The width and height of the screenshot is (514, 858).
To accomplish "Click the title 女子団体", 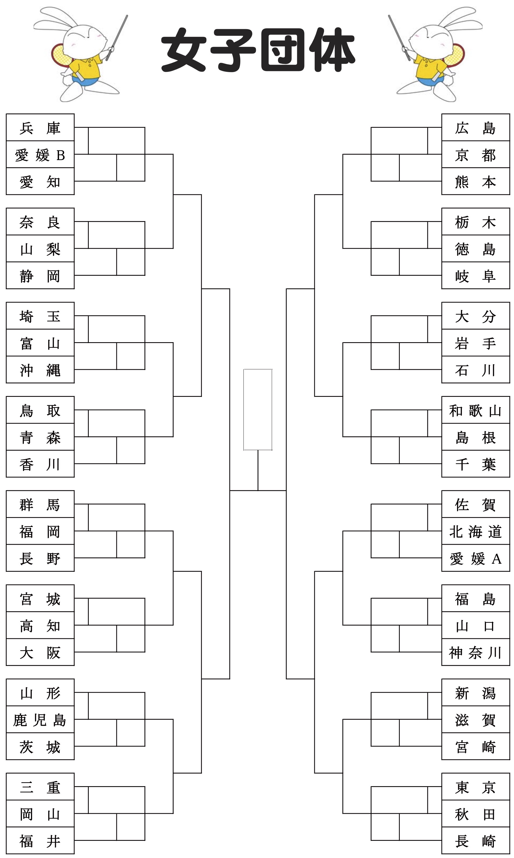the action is [258, 50].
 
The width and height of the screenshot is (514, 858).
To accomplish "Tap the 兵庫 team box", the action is [40, 127].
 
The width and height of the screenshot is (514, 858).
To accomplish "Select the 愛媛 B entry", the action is [40, 155].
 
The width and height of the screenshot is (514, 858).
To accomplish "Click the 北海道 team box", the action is [476, 531].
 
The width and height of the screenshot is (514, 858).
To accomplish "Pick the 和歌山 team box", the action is [476, 410].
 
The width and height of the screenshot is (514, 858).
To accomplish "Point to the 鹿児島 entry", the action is [40, 720].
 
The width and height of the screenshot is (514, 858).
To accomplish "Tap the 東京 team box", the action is [476, 787].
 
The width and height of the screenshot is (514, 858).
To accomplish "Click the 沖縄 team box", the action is [40, 370].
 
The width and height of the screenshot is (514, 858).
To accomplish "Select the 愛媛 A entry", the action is [476, 558].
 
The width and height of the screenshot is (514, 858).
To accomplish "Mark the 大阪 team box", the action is [40, 652].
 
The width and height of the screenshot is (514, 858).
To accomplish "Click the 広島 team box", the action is [476, 127].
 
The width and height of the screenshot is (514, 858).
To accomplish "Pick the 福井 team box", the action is [40, 841].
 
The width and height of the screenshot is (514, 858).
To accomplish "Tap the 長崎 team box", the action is [476, 841].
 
